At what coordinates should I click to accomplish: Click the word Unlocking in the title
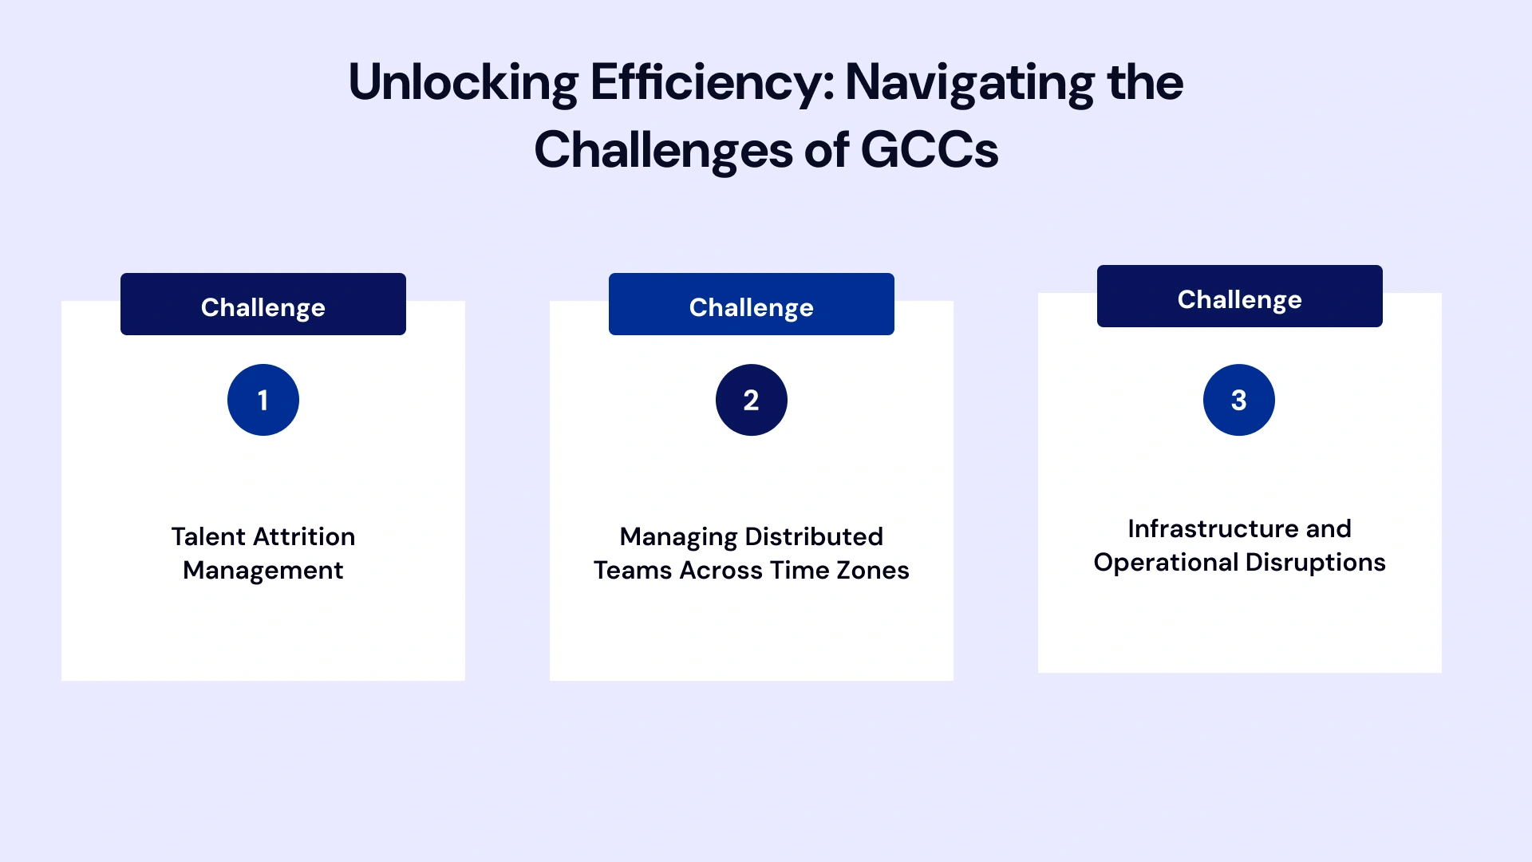pos(463,83)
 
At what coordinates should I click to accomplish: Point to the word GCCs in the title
pos(930,150)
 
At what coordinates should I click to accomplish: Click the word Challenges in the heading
pos(663,150)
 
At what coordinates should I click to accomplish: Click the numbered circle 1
pos(263,400)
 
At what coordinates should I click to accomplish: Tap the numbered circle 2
pos(751,400)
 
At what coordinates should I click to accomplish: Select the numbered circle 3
pos(1238,400)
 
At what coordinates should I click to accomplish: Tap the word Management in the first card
pos(263,571)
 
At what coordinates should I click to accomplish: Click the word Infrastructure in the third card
pos(1213,528)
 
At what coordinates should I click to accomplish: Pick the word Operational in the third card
pos(1166,563)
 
